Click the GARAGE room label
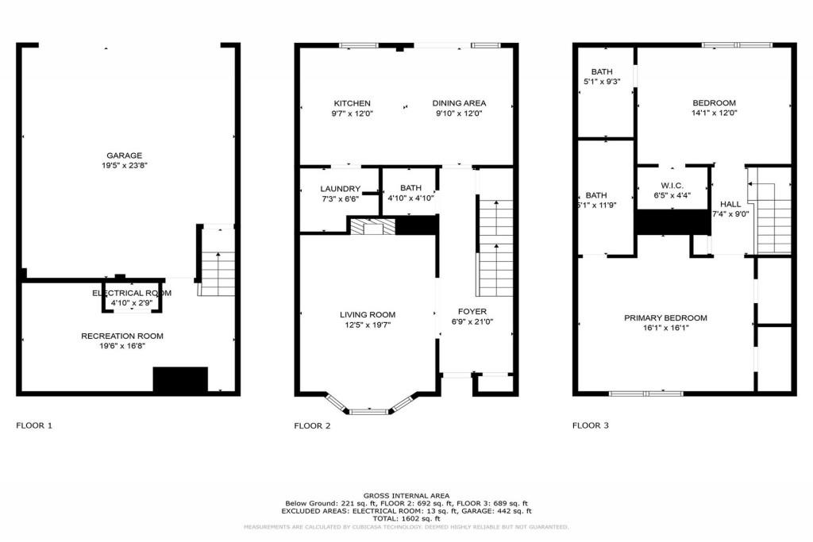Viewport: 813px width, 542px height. (x=124, y=156)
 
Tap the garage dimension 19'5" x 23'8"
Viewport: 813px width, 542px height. (x=124, y=166)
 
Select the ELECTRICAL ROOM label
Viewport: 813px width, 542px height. (x=132, y=294)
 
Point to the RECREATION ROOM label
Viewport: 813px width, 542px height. (x=122, y=336)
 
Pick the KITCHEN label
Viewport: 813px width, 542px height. (x=352, y=103)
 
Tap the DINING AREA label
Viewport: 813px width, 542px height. (x=459, y=103)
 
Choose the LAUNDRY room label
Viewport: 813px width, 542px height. (x=340, y=188)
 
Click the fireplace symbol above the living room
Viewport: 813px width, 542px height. (x=370, y=227)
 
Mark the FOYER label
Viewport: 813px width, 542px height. (x=472, y=311)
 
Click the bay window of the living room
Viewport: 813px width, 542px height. (x=369, y=411)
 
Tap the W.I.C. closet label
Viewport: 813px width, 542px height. (x=672, y=186)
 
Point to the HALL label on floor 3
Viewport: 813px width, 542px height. (x=730, y=203)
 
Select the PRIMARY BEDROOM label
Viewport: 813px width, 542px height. (x=665, y=318)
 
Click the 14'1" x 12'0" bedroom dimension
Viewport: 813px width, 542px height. (x=714, y=113)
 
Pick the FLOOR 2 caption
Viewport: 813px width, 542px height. (x=312, y=426)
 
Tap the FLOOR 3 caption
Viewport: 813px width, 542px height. (x=590, y=426)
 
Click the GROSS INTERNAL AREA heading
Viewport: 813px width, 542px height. (x=406, y=494)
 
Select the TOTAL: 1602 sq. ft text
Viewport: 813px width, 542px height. (x=406, y=519)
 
